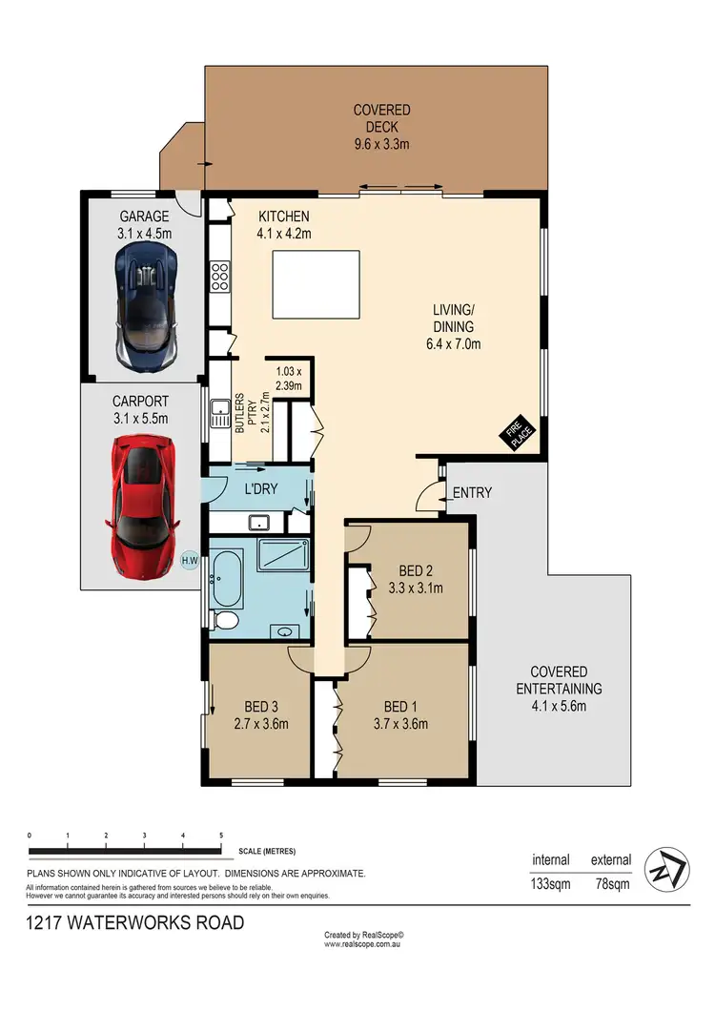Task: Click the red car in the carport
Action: tap(143, 509)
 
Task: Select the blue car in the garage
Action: tap(145, 304)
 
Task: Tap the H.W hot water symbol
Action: tap(189, 561)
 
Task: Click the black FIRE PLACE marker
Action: tap(520, 435)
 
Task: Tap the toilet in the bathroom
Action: tap(225, 621)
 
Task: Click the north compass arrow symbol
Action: tap(661, 868)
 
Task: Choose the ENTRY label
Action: tap(472, 493)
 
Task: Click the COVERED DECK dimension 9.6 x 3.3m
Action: tap(381, 145)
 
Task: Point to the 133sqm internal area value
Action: tap(551, 884)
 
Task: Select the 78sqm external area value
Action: tap(611, 884)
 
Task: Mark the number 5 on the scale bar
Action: tap(221, 835)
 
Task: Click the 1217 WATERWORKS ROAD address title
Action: tap(135, 922)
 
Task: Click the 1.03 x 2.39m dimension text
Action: tap(288, 379)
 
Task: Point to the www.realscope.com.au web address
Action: tap(364, 944)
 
